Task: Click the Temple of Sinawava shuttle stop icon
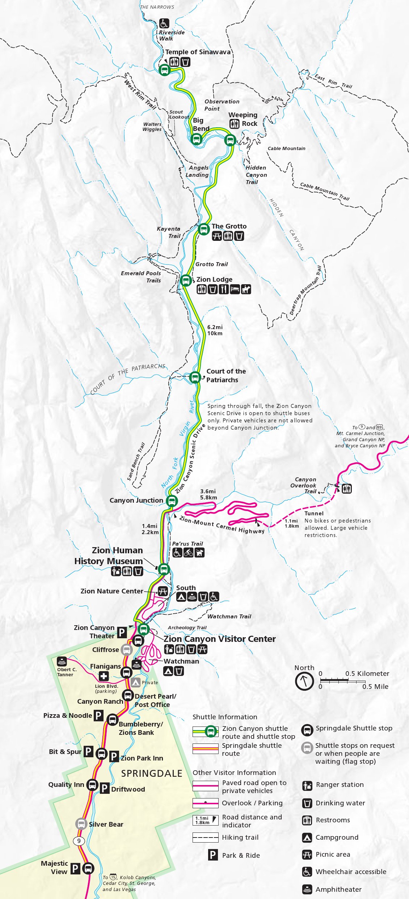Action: coord(164,70)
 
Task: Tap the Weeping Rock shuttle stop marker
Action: coord(230,140)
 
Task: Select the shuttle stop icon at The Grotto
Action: coord(204,229)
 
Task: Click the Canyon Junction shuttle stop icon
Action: coord(172,501)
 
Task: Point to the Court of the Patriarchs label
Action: coord(226,375)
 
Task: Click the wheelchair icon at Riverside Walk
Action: coord(164,24)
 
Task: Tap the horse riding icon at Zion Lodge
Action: coord(246,289)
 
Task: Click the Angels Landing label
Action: coord(197,171)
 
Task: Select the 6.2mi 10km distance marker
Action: coord(215,330)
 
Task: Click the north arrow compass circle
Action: coord(304,681)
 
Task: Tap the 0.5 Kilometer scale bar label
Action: coord(367,673)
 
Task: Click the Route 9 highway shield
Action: coord(79,841)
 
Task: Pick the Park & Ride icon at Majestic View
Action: coord(75,868)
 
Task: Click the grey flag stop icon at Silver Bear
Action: coord(81,824)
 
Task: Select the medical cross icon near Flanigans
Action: coord(104,676)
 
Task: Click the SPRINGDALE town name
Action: coord(152,774)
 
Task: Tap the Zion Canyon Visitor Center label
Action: coord(219,639)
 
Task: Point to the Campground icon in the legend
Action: coord(307,837)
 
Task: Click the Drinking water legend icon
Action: coord(307,803)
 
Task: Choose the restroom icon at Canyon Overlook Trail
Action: coord(347,489)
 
